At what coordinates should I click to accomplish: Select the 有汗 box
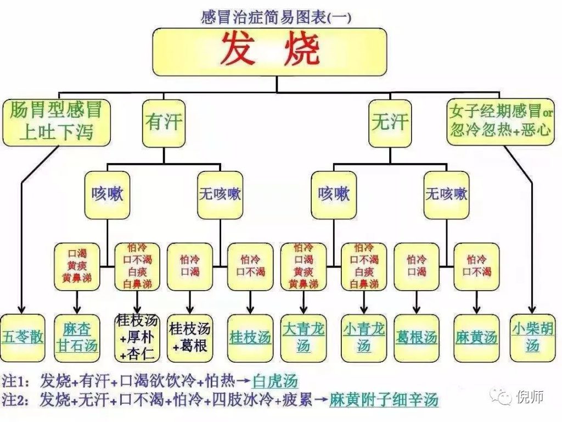point(163,122)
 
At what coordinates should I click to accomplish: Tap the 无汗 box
point(390,122)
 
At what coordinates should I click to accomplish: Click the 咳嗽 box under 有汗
point(107,194)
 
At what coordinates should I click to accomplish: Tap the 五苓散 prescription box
point(23,337)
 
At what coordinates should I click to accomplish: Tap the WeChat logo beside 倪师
point(501,395)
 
